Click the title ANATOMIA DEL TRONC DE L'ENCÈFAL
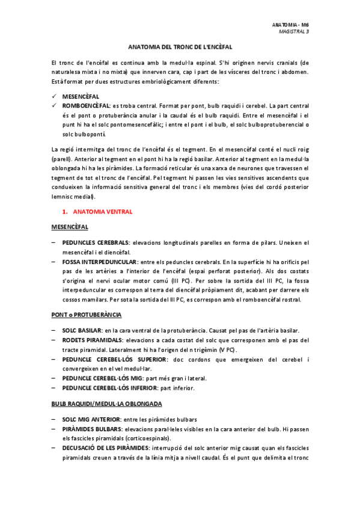pos(180,47)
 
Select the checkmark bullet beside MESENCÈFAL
pos(55,96)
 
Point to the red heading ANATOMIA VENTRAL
pos(102,212)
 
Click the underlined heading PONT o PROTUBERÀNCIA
pos(87,315)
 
